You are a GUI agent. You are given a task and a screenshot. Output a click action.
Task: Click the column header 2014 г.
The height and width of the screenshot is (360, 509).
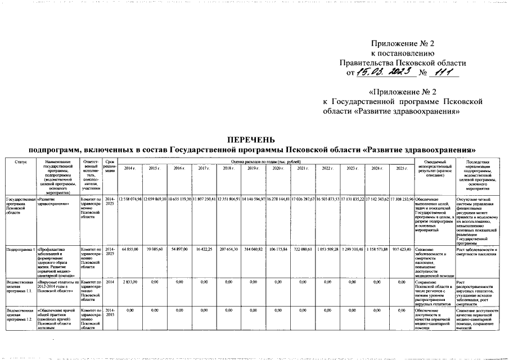coord(129,168)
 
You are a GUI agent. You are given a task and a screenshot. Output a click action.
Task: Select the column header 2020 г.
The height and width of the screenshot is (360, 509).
coord(278,168)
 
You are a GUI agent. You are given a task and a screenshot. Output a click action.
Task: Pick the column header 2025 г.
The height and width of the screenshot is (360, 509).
coord(401,168)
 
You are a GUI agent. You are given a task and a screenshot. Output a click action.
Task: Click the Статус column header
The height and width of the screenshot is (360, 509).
coord(20,162)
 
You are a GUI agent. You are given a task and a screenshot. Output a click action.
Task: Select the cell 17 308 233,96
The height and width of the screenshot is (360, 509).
coord(401,200)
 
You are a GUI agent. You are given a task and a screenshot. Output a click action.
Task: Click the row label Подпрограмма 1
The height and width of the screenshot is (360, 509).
coord(20,249)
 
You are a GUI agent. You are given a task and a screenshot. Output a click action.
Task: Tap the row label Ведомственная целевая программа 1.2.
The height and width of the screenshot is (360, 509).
coord(20,317)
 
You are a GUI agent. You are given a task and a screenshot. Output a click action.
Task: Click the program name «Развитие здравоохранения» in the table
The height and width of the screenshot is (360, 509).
coord(52,202)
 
